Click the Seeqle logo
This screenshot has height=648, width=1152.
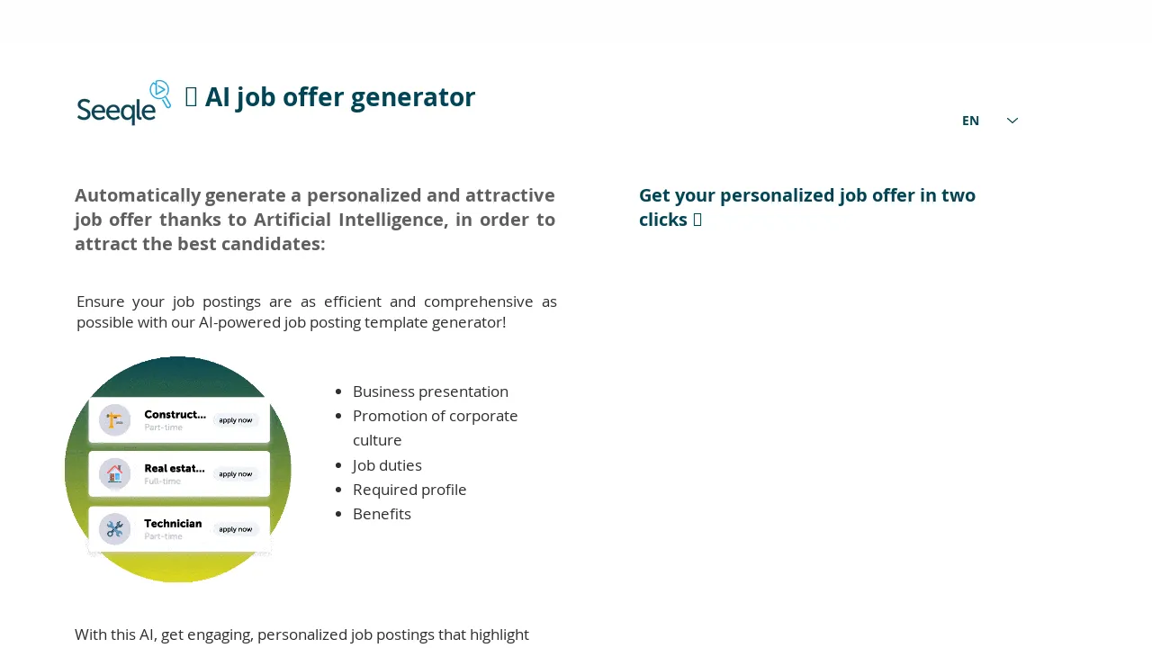123,103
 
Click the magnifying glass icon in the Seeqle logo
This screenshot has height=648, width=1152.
160,93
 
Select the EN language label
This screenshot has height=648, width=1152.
970,121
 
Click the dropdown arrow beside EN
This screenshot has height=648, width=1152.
1012,121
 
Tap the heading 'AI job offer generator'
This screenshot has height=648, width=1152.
339,97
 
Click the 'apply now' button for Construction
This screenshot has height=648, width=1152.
236,420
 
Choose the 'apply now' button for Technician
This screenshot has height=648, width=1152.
236,529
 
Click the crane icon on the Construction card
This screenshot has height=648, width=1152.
115,420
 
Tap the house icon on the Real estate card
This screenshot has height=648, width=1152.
115,474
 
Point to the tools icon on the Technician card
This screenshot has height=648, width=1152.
115,529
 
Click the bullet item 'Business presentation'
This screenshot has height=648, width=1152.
430,391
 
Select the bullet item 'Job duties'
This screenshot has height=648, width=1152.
387,465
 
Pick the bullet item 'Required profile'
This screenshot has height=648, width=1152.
409,490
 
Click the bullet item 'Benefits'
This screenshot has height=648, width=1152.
382,514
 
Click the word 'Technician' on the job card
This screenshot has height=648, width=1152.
173,523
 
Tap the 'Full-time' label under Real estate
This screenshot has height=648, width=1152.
163,481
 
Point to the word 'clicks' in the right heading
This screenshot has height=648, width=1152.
662,220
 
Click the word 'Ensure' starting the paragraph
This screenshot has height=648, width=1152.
102,301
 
